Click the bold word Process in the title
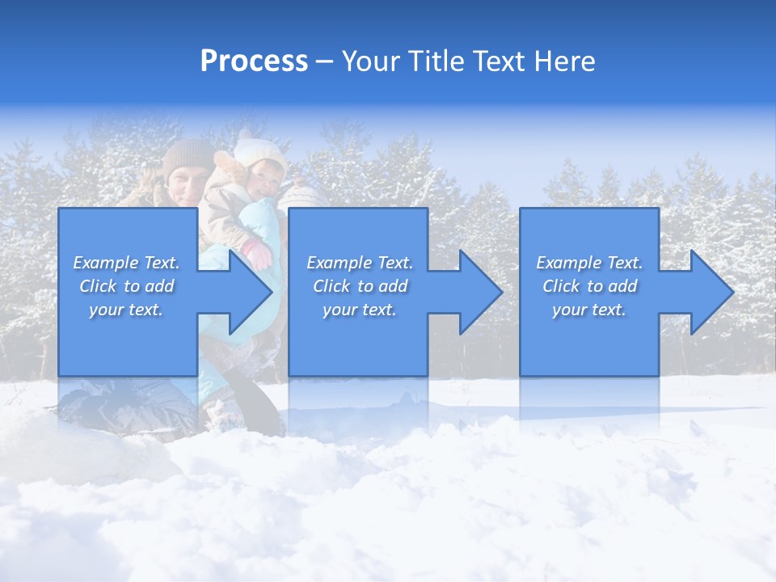[x=254, y=61]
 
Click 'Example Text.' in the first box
[x=127, y=263]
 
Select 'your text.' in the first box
[x=126, y=310]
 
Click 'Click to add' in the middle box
[x=360, y=286]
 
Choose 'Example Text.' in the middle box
[x=360, y=263]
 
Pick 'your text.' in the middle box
[x=359, y=310]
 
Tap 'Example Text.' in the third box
[x=589, y=263]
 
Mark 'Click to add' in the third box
[x=589, y=286]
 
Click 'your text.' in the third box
[x=588, y=310]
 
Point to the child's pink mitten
[x=259, y=254]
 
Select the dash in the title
[x=325, y=62]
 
